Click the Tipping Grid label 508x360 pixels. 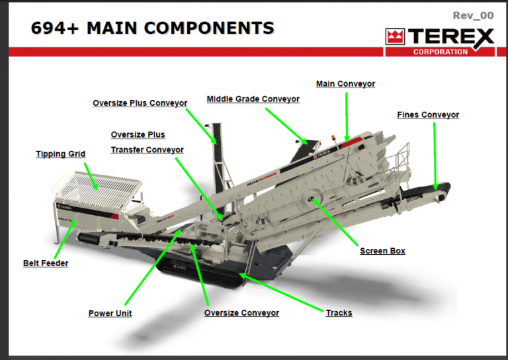[60, 154]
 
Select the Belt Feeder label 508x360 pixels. [46, 263]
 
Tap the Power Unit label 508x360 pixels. [110, 313]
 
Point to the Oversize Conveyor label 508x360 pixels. [241, 313]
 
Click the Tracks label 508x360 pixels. [339, 312]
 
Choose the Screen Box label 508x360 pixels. [382, 251]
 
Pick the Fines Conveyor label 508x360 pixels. [428, 115]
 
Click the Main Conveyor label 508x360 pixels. [345, 84]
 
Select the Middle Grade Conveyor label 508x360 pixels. [253, 99]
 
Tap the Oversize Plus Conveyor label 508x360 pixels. [140, 103]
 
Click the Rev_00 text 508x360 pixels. [473, 15]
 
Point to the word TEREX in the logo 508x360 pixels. [450, 37]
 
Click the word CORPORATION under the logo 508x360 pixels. [440, 52]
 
